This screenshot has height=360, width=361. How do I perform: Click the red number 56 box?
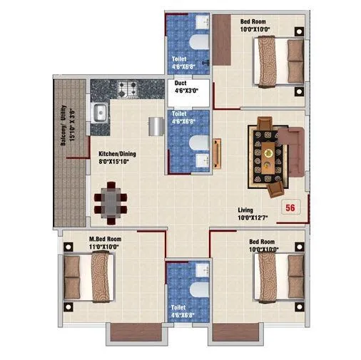[x=290, y=208]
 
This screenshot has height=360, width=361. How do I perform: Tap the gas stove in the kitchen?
[x=128, y=90]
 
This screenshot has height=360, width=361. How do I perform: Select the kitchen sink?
[x=101, y=112]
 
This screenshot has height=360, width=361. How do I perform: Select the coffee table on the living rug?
[x=268, y=154]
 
